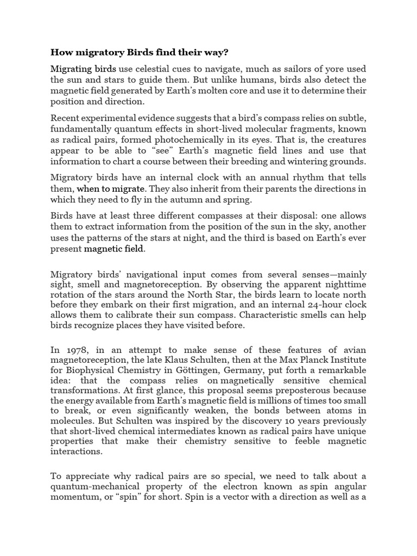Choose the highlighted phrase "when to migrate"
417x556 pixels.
click(x=111, y=189)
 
